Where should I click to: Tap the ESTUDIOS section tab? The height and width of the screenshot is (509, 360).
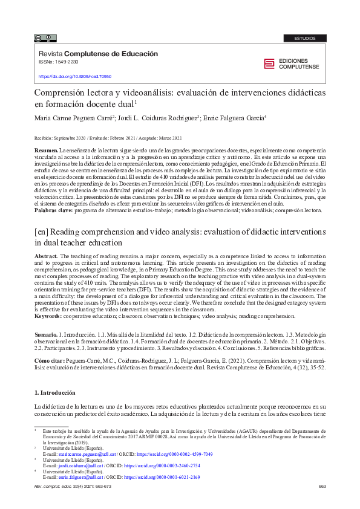point(305,38)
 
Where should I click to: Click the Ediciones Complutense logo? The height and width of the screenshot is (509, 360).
point(295,64)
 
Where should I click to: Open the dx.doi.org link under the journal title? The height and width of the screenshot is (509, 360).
point(75,77)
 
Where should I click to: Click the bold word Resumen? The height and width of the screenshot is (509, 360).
point(45,149)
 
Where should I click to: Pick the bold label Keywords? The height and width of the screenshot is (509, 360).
point(48,316)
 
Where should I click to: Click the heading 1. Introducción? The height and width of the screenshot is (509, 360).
point(55,392)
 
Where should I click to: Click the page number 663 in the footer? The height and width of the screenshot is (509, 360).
point(322,487)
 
